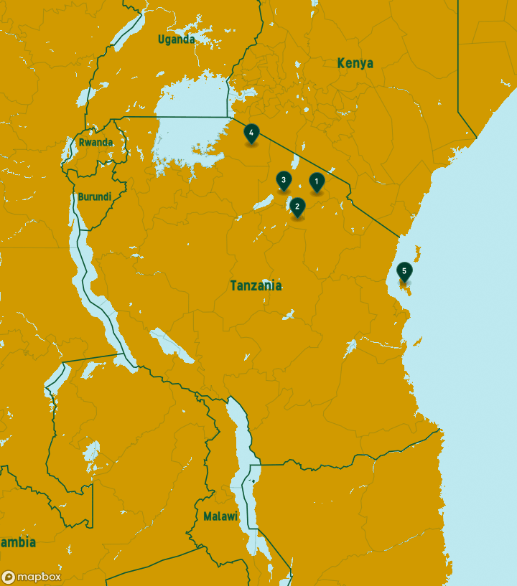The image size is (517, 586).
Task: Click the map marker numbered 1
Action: click(316, 181)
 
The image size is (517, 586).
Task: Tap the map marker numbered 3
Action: click(284, 180)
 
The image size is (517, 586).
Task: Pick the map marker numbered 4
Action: click(251, 133)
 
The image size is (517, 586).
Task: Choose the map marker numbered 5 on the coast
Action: click(404, 271)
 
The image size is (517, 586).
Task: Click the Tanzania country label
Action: click(256, 285)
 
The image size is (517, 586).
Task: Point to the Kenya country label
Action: click(355, 64)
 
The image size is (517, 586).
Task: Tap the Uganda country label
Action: click(176, 39)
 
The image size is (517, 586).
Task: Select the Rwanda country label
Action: click(96, 142)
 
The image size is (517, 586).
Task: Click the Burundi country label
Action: click(94, 197)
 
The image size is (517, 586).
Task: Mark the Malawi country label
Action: click(220, 516)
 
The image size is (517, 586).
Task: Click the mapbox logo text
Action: click(39, 577)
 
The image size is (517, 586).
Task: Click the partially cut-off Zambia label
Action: click(17, 542)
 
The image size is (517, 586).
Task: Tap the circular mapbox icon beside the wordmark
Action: click(9, 577)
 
